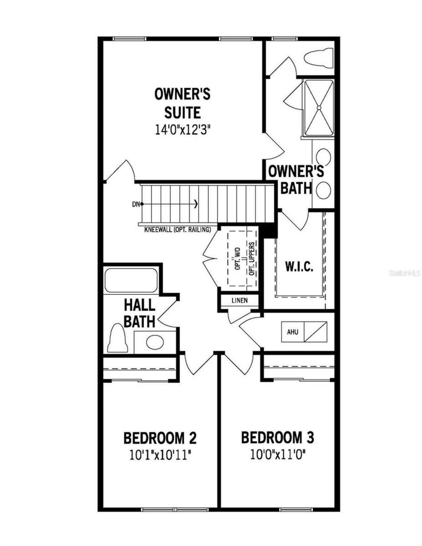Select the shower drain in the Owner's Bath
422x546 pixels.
(319, 107)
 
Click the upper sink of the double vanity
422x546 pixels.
(323, 157)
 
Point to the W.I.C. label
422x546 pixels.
(299, 266)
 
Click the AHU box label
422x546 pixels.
(292, 332)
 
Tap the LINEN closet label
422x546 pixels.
(240, 301)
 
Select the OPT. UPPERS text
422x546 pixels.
(253, 259)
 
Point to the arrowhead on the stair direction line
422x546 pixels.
(196, 204)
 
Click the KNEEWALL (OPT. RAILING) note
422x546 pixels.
(177, 230)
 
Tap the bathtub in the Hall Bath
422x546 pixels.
(131, 280)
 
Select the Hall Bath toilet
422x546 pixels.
(117, 338)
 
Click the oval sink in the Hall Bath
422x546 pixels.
(155, 342)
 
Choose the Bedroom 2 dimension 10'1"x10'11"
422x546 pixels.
(160, 455)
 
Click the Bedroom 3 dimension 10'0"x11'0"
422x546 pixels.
(278, 455)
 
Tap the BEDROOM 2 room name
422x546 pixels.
(160, 438)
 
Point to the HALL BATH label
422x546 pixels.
(139, 313)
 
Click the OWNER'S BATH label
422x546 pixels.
(296, 180)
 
